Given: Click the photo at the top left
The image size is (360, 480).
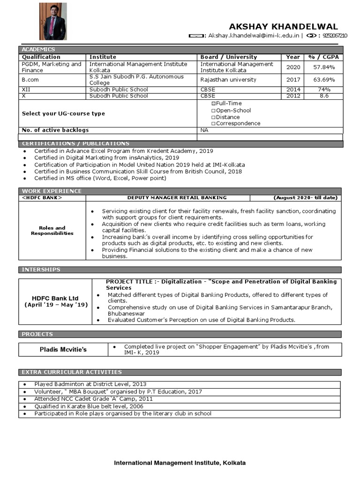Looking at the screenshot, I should [x=52, y=21].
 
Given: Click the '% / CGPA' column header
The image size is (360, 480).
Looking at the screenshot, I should [x=323, y=57].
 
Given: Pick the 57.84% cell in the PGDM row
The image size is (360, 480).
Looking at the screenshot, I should [x=323, y=67].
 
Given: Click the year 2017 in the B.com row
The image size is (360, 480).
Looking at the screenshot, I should [x=293, y=80].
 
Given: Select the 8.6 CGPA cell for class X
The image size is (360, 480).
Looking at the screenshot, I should [x=323, y=96].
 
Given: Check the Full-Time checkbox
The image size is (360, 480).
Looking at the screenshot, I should [x=214, y=103].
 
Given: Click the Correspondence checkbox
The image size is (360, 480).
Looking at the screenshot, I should [x=214, y=123].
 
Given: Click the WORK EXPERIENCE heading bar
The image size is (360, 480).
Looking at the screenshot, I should [x=52, y=191].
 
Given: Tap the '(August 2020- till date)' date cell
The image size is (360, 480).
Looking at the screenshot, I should [x=305, y=198].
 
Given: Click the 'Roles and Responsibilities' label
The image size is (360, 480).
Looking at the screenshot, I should [x=52, y=231].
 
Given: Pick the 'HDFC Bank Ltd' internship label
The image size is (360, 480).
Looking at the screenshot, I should [x=55, y=298].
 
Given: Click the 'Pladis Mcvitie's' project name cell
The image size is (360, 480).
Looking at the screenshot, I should [x=63, y=349].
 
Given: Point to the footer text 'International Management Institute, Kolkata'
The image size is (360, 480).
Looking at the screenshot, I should [x=180, y=463].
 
